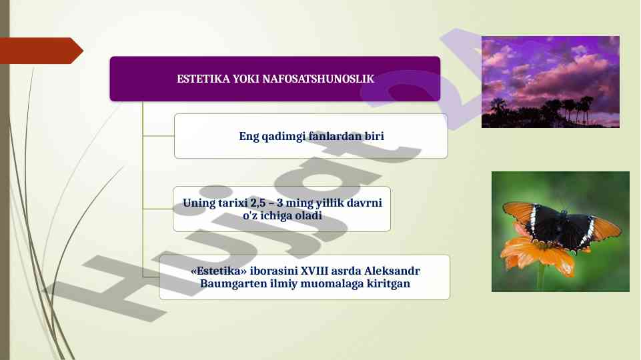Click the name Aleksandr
point(392,271)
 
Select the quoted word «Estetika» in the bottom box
point(219,271)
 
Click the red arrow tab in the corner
point(41,51)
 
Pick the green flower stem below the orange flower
point(541,283)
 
